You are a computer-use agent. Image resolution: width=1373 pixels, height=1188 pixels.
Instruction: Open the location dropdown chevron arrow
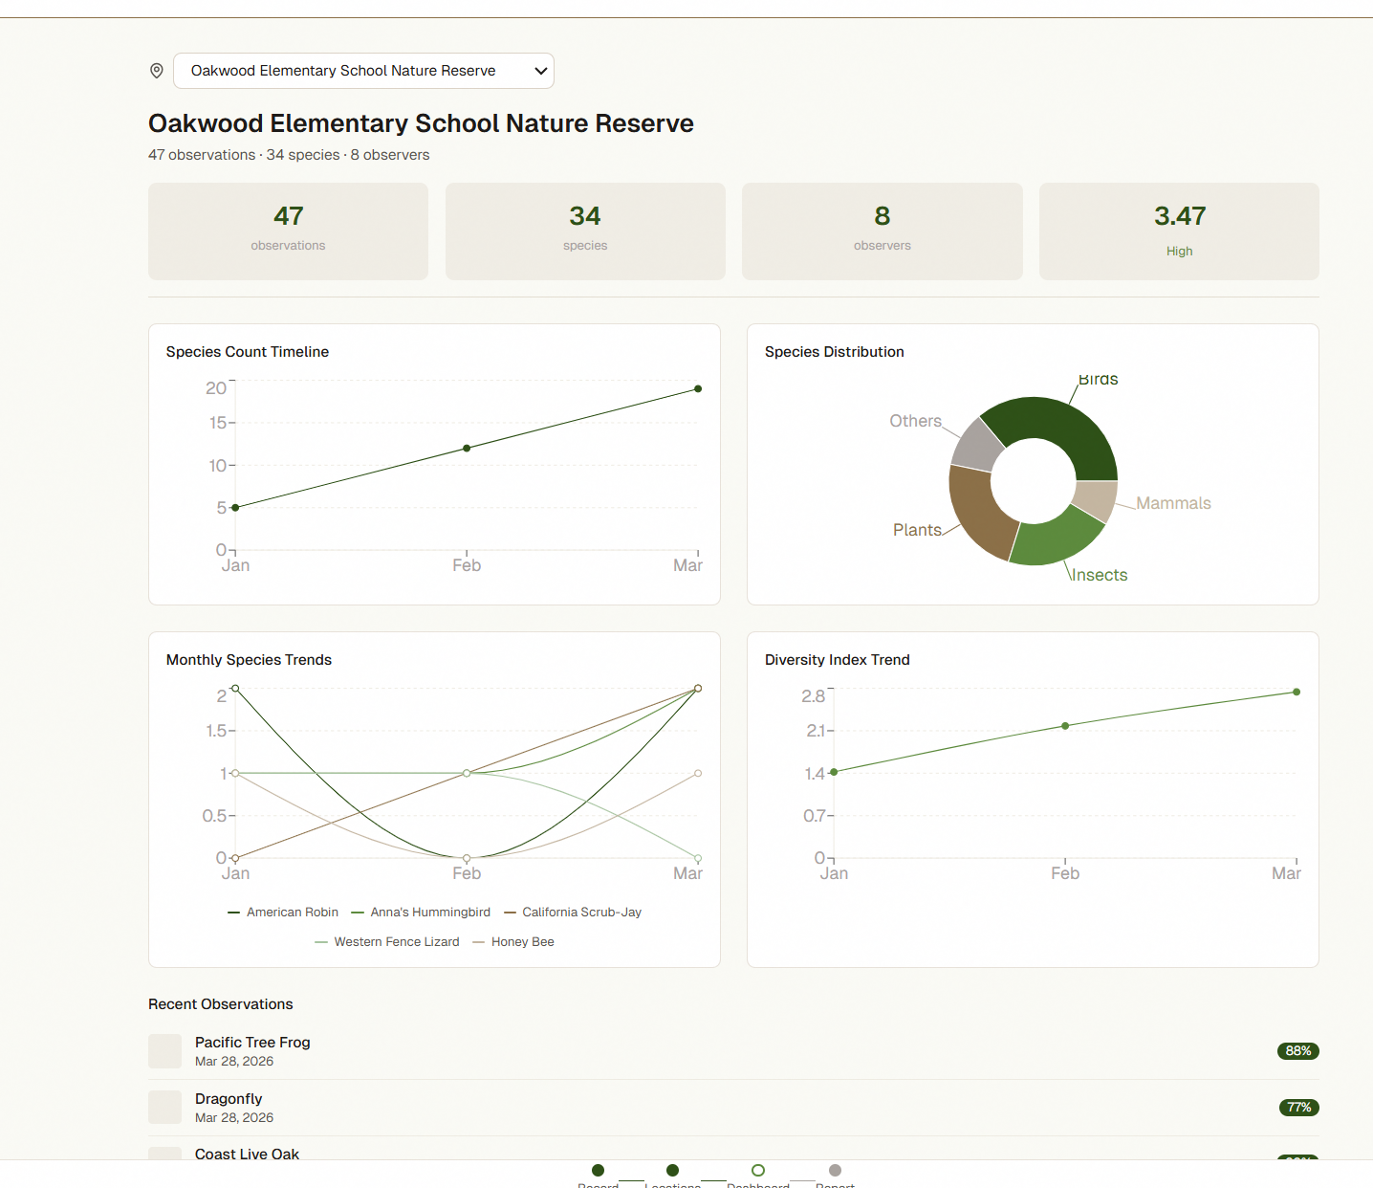point(540,71)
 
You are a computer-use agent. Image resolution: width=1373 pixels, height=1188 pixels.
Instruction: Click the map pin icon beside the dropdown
point(157,71)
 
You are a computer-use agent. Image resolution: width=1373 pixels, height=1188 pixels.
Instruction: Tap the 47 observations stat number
point(288,216)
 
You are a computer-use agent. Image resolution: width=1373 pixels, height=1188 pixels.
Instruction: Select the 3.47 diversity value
point(1179,216)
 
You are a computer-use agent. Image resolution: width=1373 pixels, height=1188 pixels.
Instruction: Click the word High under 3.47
point(1179,251)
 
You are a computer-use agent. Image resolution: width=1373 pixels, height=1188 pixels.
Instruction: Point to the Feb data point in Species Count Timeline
point(467,448)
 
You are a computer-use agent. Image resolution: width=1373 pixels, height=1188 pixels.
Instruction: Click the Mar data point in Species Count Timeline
point(698,388)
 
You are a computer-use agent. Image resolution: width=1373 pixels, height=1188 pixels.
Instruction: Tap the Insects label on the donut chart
point(1100,575)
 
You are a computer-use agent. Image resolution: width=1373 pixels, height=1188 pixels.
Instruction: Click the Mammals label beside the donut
point(1173,503)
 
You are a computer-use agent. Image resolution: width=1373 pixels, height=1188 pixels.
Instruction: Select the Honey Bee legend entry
point(522,942)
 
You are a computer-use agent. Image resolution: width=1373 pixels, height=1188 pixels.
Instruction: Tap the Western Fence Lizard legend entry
point(396,942)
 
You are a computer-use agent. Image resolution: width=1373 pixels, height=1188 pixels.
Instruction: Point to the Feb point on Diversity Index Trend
point(1065,726)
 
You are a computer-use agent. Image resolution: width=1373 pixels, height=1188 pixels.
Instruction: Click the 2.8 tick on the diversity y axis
point(813,696)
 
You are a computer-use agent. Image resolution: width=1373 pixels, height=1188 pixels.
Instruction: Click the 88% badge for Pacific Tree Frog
point(1297,1051)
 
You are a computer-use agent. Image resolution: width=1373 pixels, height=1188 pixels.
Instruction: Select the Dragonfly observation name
point(229,1099)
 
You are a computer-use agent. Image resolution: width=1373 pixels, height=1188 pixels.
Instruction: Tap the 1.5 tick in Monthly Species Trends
point(216,731)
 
